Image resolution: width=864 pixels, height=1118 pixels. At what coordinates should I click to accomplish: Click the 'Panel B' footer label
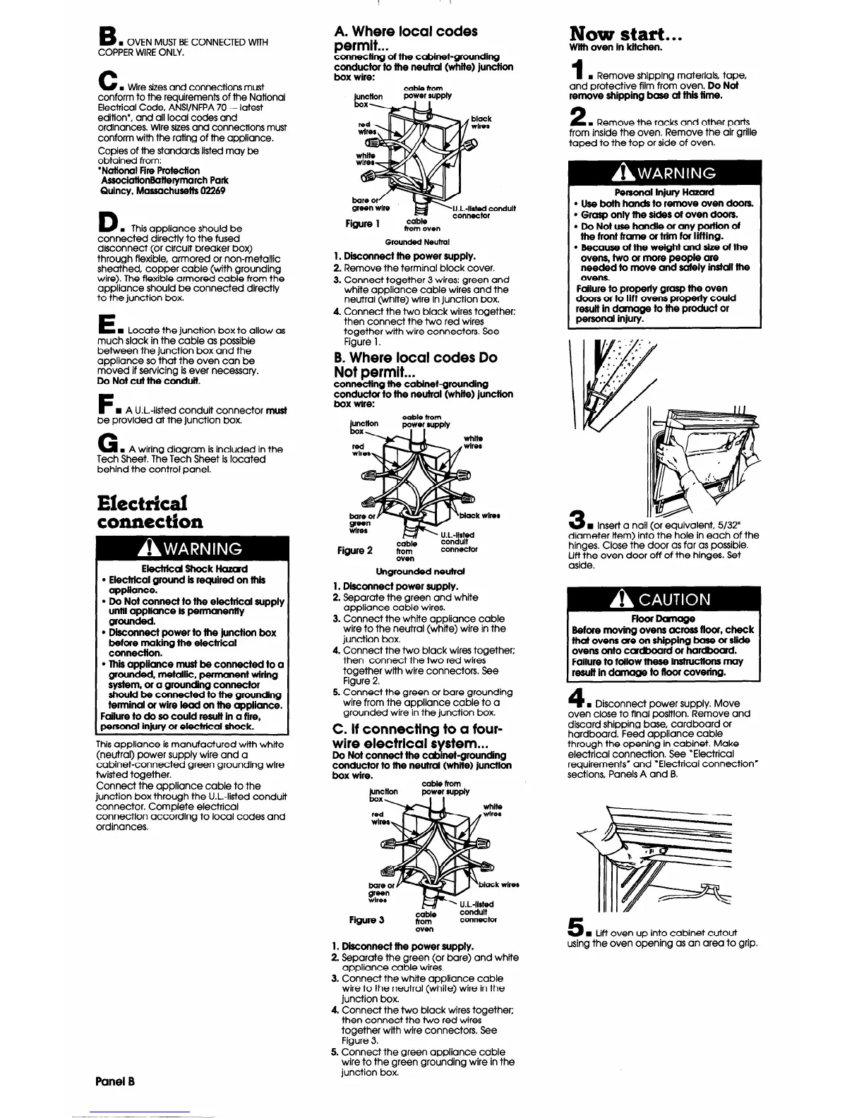(x=115, y=1081)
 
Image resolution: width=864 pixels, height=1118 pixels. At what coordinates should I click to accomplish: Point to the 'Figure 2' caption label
(x=355, y=550)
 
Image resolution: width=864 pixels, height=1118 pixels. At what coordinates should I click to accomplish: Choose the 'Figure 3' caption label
(x=366, y=920)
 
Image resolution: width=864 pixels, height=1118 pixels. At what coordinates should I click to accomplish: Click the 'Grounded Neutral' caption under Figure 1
(x=414, y=242)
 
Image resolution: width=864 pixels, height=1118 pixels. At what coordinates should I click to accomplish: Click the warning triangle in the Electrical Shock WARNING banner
(x=150, y=548)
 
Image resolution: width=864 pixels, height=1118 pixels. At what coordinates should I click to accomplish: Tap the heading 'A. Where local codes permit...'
(x=404, y=39)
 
